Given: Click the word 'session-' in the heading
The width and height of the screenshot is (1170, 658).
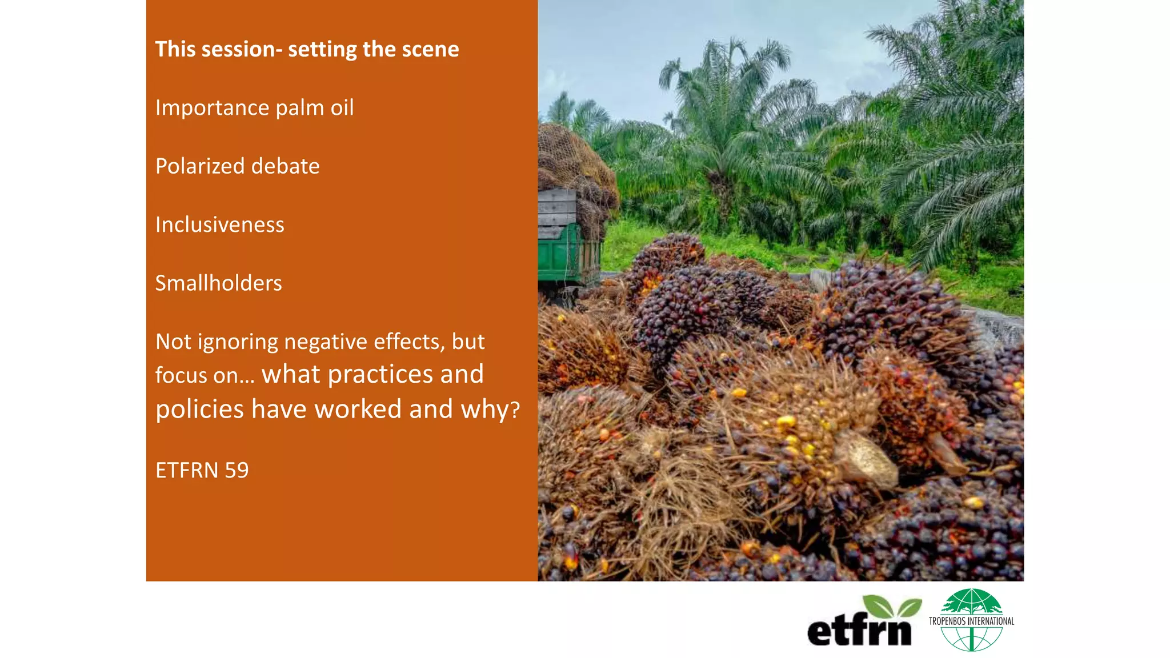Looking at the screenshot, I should pyautogui.click(x=242, y=50).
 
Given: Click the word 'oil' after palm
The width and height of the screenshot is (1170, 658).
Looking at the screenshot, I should pyautogui.click(x=342, y=108).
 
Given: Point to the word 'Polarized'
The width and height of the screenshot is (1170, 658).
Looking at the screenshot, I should pyautogui.click(x=200, y=166).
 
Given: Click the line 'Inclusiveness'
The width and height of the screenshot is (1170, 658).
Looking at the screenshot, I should pyautogui.click(x=219, y=225).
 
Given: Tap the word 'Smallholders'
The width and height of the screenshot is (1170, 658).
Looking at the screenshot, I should pyautogui.click(x=218, y=283).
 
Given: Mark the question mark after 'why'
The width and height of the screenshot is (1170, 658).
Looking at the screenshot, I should pyautogui.click(x=515, y=410).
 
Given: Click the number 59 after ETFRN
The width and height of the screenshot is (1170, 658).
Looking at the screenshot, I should pyautogui.click(x=237, y=471).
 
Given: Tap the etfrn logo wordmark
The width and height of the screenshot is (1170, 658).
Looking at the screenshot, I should pyautogui.click(x=859, y=631).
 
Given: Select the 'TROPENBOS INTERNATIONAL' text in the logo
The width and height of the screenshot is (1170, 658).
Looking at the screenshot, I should pyautogui.click(x=971, y=621).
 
